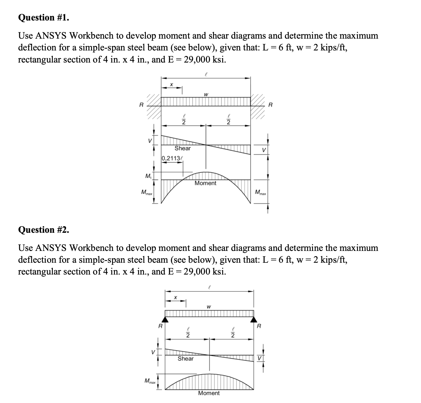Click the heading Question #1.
[x=44, y=17]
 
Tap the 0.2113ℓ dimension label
[x=172, y=158]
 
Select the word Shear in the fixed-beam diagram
[x=183, y=148]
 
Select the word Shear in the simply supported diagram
[x=186, y=359]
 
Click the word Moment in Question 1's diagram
[x=205, y=183]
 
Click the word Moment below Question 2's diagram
[x=209, y=393]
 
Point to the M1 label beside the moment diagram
[x=148, y=176]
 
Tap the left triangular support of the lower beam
[x=165, y=319]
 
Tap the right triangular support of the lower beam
[x=254, y=319]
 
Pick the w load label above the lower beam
[x=209, y=307]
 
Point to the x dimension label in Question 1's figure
[x=171, y=84]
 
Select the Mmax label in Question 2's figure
[x=150, y=380]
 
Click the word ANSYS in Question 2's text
[x=51, y=247]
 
